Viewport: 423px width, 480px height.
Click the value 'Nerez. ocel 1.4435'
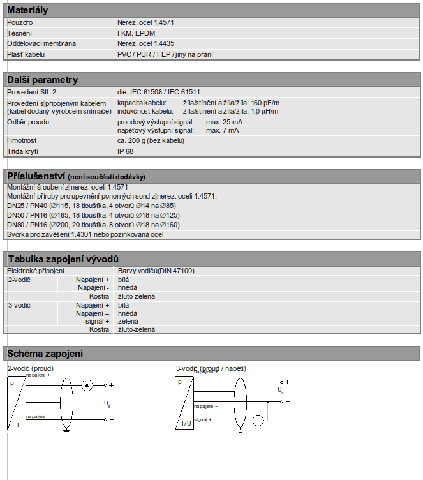(145, 43)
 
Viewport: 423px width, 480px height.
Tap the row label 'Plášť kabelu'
(26, 54)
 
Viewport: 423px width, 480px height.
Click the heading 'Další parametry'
(42, 80)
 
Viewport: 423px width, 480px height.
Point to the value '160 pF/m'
(265, 103)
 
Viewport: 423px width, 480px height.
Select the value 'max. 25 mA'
(224, 122)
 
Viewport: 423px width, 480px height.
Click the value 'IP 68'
(125, 151)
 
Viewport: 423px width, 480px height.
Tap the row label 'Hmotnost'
(22, 140)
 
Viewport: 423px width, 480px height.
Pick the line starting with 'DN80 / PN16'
(93, 225)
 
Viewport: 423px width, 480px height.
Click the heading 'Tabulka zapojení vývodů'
(63, 259)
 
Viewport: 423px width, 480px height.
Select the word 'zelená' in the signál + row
(128, 321)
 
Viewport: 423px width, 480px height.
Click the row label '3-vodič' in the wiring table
(19, 305)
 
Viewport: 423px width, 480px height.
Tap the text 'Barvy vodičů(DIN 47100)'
(156, 271)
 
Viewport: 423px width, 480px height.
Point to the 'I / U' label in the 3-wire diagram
(186, 423)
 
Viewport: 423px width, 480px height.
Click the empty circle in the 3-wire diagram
(259, 421)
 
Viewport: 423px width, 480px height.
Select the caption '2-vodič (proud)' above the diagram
(31, 368)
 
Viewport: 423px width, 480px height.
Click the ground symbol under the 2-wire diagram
(67, 430)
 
